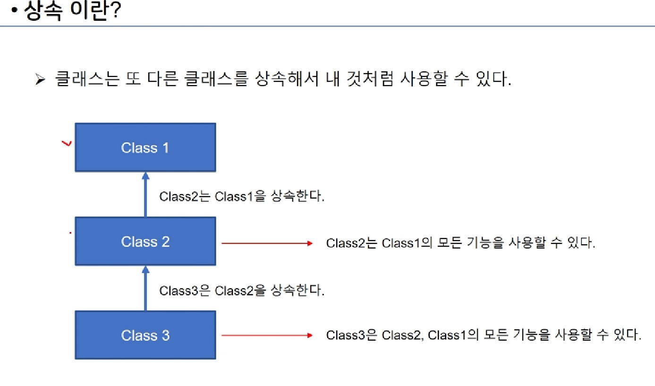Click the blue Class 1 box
pyautogui.click(x=145, y=147)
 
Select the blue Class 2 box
pyautogui.click(x=145, y=241)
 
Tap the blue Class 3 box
pyautogui.click(x=145, y=335)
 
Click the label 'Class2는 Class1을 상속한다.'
pyautogui.click(x=242, y=197)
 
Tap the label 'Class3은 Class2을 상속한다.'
pyautogui.click(x=242, y=291)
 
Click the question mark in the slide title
pyautogui.click(x=114, y=11)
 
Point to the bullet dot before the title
pyautogui.click(x=16, y=13)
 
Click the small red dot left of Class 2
pyautogui.click(x=70, y=232)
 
